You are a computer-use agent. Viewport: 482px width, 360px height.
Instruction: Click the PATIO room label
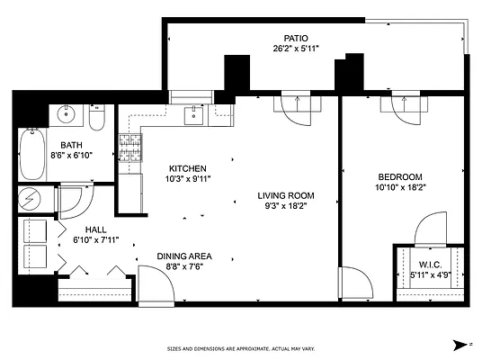[x=296, y=39]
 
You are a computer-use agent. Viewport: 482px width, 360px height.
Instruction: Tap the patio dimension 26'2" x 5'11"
[x=296, y=49]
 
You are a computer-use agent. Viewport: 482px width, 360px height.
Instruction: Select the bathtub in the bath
[x=32, y=154]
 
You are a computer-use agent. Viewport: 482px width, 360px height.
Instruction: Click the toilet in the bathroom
[x=97, y=117]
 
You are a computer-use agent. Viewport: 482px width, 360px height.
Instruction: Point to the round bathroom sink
[x=66, y=114]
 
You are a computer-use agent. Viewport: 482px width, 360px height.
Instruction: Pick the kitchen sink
[x=193, y=116]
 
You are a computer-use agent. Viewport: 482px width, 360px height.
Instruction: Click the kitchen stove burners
[x=130, y=148]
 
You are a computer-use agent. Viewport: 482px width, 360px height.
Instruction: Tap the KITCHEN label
[x=188, y=168]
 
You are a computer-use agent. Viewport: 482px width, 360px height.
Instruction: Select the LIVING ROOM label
[x=286, y=195]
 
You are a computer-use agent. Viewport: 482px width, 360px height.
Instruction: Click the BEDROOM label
[x=400, y=177]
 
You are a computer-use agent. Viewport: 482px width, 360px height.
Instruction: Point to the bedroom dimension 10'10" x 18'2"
[x=400, y=187]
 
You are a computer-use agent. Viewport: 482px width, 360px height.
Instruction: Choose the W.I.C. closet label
[x=430, y=265]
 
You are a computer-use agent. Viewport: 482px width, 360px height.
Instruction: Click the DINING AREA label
[x=184, y=256]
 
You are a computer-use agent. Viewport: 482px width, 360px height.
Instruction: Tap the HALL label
[x=96, y=229]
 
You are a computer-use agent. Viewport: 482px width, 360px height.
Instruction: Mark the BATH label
[x=71, y=145]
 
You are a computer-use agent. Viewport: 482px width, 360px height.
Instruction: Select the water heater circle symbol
[x=30, y=199]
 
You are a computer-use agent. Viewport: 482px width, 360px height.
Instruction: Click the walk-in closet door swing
[x=431, y=229]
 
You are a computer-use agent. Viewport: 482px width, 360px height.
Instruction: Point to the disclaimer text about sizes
[x=241, y=349]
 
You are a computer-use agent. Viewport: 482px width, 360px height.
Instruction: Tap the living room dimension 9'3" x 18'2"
[x=286, y=206]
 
